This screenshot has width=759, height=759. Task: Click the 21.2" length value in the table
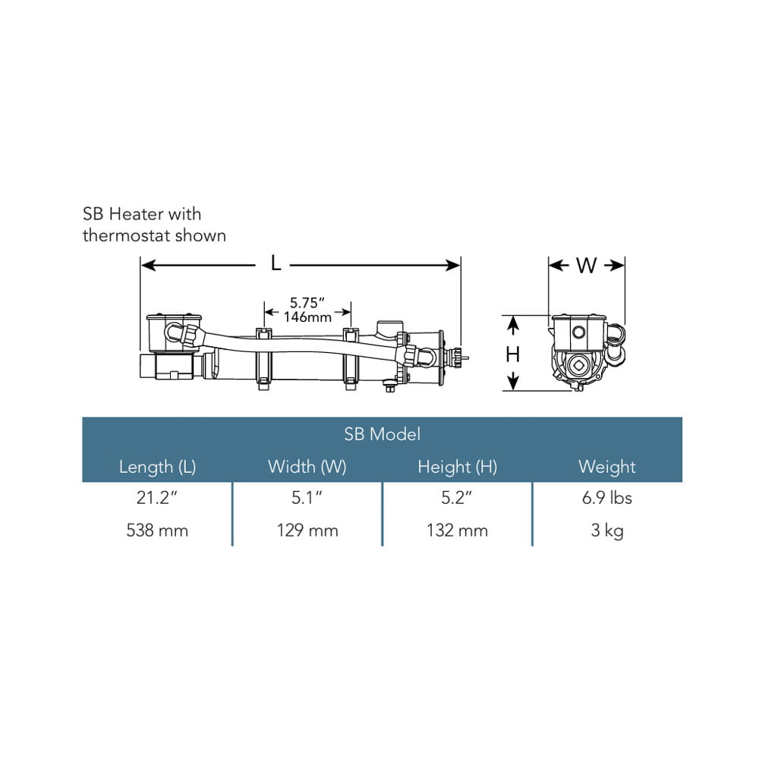157,498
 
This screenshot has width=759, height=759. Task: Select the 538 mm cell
157,531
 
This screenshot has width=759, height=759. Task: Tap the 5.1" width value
307,498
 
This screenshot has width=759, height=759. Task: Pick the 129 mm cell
307,531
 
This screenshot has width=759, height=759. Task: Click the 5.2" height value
456,498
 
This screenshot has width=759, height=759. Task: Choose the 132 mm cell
457,531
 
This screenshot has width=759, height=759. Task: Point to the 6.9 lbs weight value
607,498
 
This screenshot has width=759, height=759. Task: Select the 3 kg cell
607,531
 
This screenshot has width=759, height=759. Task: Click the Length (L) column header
157,467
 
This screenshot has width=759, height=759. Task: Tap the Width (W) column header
307,467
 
